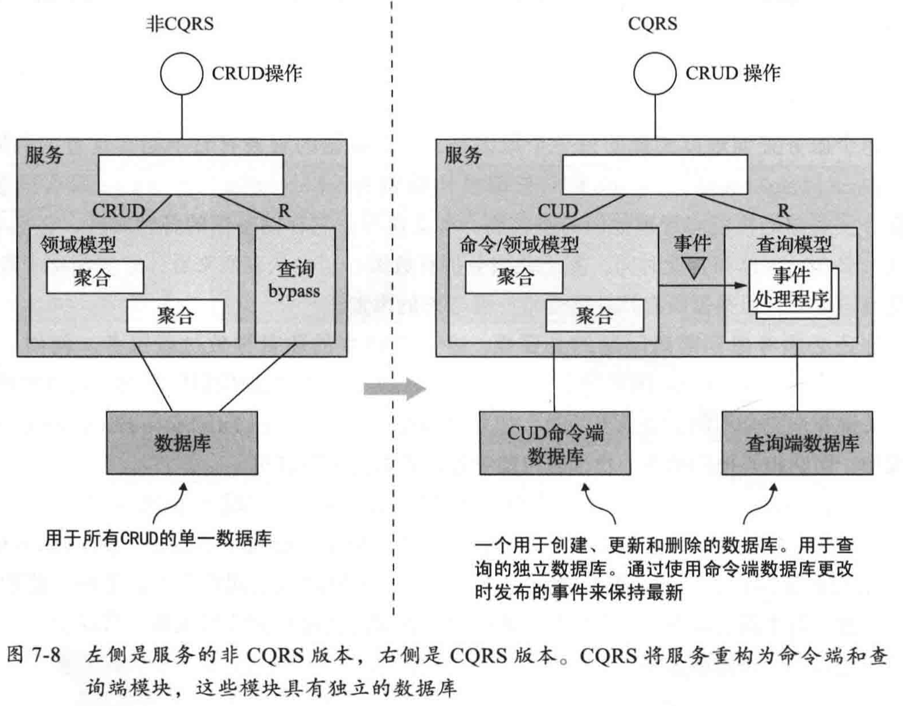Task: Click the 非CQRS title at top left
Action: coord(180,24)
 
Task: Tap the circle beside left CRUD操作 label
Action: coord(181,73)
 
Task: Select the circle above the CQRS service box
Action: coord(655,73)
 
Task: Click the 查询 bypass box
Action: coord(295,284)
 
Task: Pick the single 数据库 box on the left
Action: coord(182,443)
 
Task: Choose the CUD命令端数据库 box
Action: coord(555,443)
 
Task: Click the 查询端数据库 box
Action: coord(798,443)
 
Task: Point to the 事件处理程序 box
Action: coord(791,288)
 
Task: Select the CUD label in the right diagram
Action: coord(558,211)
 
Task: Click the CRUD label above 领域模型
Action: coord(118,211)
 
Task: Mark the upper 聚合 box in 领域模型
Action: coord(95,278)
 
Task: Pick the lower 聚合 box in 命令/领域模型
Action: coord(594,316)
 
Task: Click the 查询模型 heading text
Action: coord(793,244)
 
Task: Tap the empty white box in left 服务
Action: coord(190,175)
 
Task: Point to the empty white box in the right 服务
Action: coord(655,175)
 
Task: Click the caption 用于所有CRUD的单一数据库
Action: coord(158,538)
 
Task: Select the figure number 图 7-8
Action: coord(34,655)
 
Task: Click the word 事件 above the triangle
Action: coord(692,243)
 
